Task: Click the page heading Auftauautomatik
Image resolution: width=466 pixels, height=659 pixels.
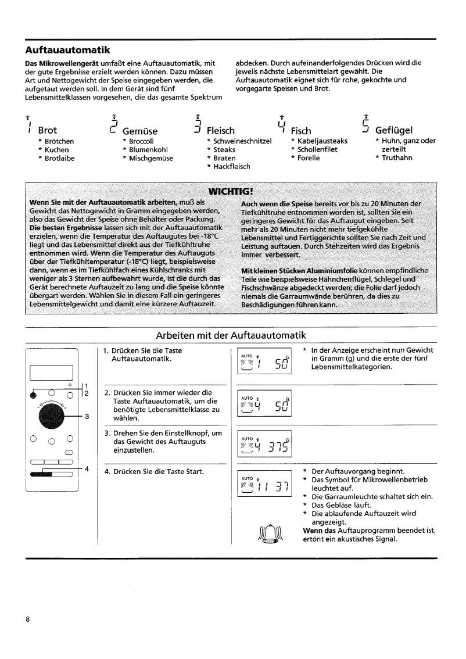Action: pyautogui.click(x=68, y=50)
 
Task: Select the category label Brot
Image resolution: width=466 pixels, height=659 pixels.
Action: pyautogui.click(x=47, y=131)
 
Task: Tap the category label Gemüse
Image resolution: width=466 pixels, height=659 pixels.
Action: pyautogui.click(x=140, y=131)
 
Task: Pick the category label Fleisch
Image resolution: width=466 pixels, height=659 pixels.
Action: pyautogui.click(x=221, y=131)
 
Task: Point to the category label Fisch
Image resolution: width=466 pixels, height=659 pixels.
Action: pyautogui.click(x=300, y=131)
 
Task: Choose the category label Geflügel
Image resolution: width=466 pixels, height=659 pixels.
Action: pyautogui.click(x=395, y=131)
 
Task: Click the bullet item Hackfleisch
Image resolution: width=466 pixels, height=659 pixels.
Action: pyautogui.click(x=232, y=167)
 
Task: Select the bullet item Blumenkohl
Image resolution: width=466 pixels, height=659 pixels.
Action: pyautogui.click(x=148, y=149)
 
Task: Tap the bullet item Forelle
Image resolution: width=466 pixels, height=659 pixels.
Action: pyautogui.click(x=309, y=158)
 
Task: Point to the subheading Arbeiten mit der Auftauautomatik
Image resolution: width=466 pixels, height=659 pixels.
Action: pyautogui.click(x=231, y=335)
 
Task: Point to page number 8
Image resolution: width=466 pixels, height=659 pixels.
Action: pyautogui.click(x=28, y=619)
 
